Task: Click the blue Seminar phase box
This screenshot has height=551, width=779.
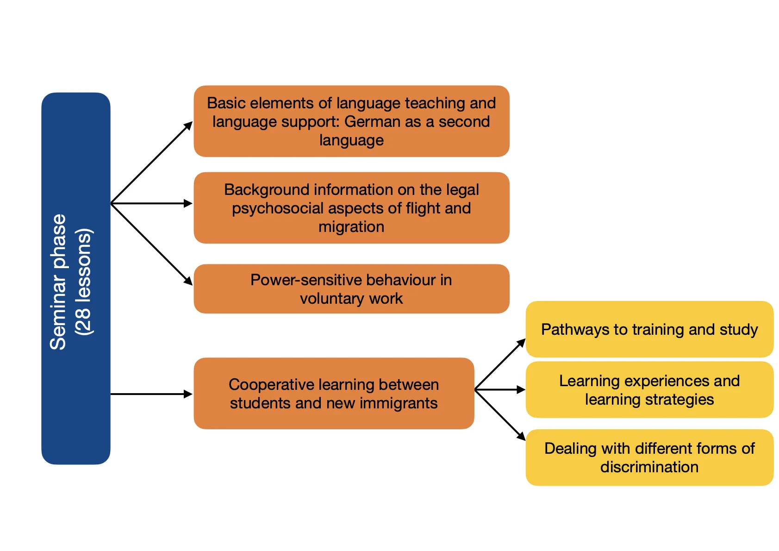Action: [75, 278]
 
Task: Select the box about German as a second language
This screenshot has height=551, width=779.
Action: [351, 121]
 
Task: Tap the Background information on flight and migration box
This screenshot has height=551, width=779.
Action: [351, 208]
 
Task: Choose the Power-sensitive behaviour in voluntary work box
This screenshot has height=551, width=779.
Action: [351, 289]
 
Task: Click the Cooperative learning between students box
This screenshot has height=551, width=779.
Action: [334, 393]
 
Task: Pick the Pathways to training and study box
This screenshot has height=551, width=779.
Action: [649, 329]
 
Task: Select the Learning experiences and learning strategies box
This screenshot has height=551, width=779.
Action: [649, 390]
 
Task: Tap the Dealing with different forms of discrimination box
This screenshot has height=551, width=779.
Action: [649, 457]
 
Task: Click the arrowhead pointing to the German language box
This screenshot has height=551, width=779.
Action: [188, 125]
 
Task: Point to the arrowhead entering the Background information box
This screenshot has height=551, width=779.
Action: [188, 203]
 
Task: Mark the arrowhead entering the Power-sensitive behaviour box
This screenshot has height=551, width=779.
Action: [188, 281]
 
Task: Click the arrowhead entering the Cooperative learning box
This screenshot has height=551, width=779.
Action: [188, 394]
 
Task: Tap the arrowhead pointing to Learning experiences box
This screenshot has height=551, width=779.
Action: [521, 390]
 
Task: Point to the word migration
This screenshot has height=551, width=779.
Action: [351, 227]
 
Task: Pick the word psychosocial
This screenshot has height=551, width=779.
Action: [277, 208]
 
